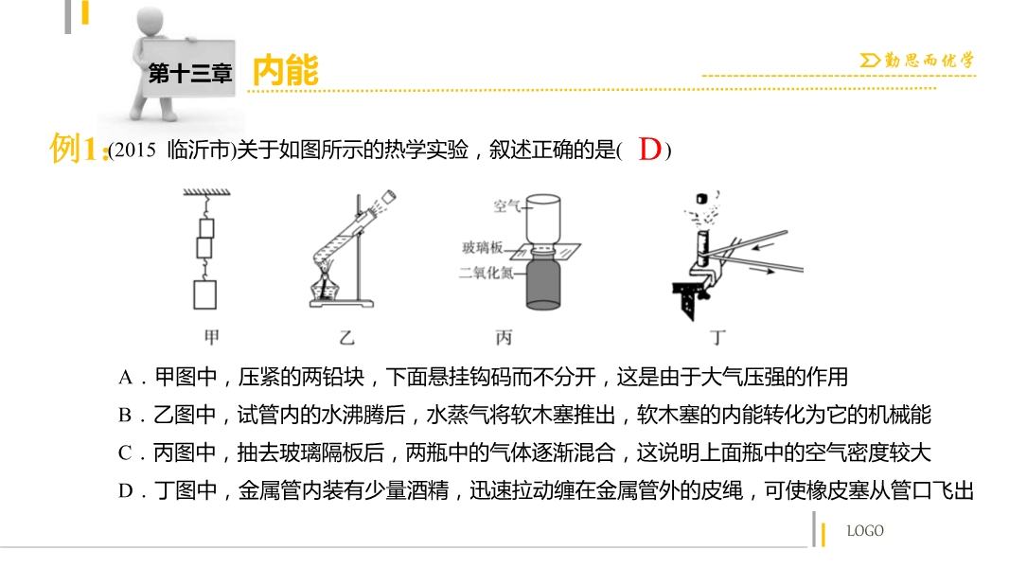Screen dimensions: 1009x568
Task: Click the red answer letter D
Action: tap(650, 150)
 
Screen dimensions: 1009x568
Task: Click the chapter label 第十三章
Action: tap(190, 73)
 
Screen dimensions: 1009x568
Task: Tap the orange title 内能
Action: tap(286, 70)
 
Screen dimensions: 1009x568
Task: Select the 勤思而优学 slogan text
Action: tap(929, 61)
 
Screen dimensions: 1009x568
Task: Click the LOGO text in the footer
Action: tap(865, 531)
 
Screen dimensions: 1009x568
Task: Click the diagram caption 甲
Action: tap(212, 336)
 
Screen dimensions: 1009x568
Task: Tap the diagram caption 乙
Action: tap(346, 337)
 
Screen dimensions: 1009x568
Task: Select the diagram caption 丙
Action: tap(504, 337)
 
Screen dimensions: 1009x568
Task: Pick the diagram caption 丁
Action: tap(717, 337)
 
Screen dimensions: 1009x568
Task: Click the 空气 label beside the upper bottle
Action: tap(506, 205)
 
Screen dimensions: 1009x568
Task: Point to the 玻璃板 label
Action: tap(482, 247)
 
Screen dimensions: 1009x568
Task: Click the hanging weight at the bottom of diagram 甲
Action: tap(205, 295)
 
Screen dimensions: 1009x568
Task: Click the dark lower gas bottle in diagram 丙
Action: tap(543, 283)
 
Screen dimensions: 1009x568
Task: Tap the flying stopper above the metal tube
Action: tap(702, 198)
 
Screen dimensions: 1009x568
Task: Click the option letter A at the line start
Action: tap(125, 378)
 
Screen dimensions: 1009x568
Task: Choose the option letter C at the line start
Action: tap(125, 453)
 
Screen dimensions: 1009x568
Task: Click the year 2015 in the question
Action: tap(134, 151)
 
